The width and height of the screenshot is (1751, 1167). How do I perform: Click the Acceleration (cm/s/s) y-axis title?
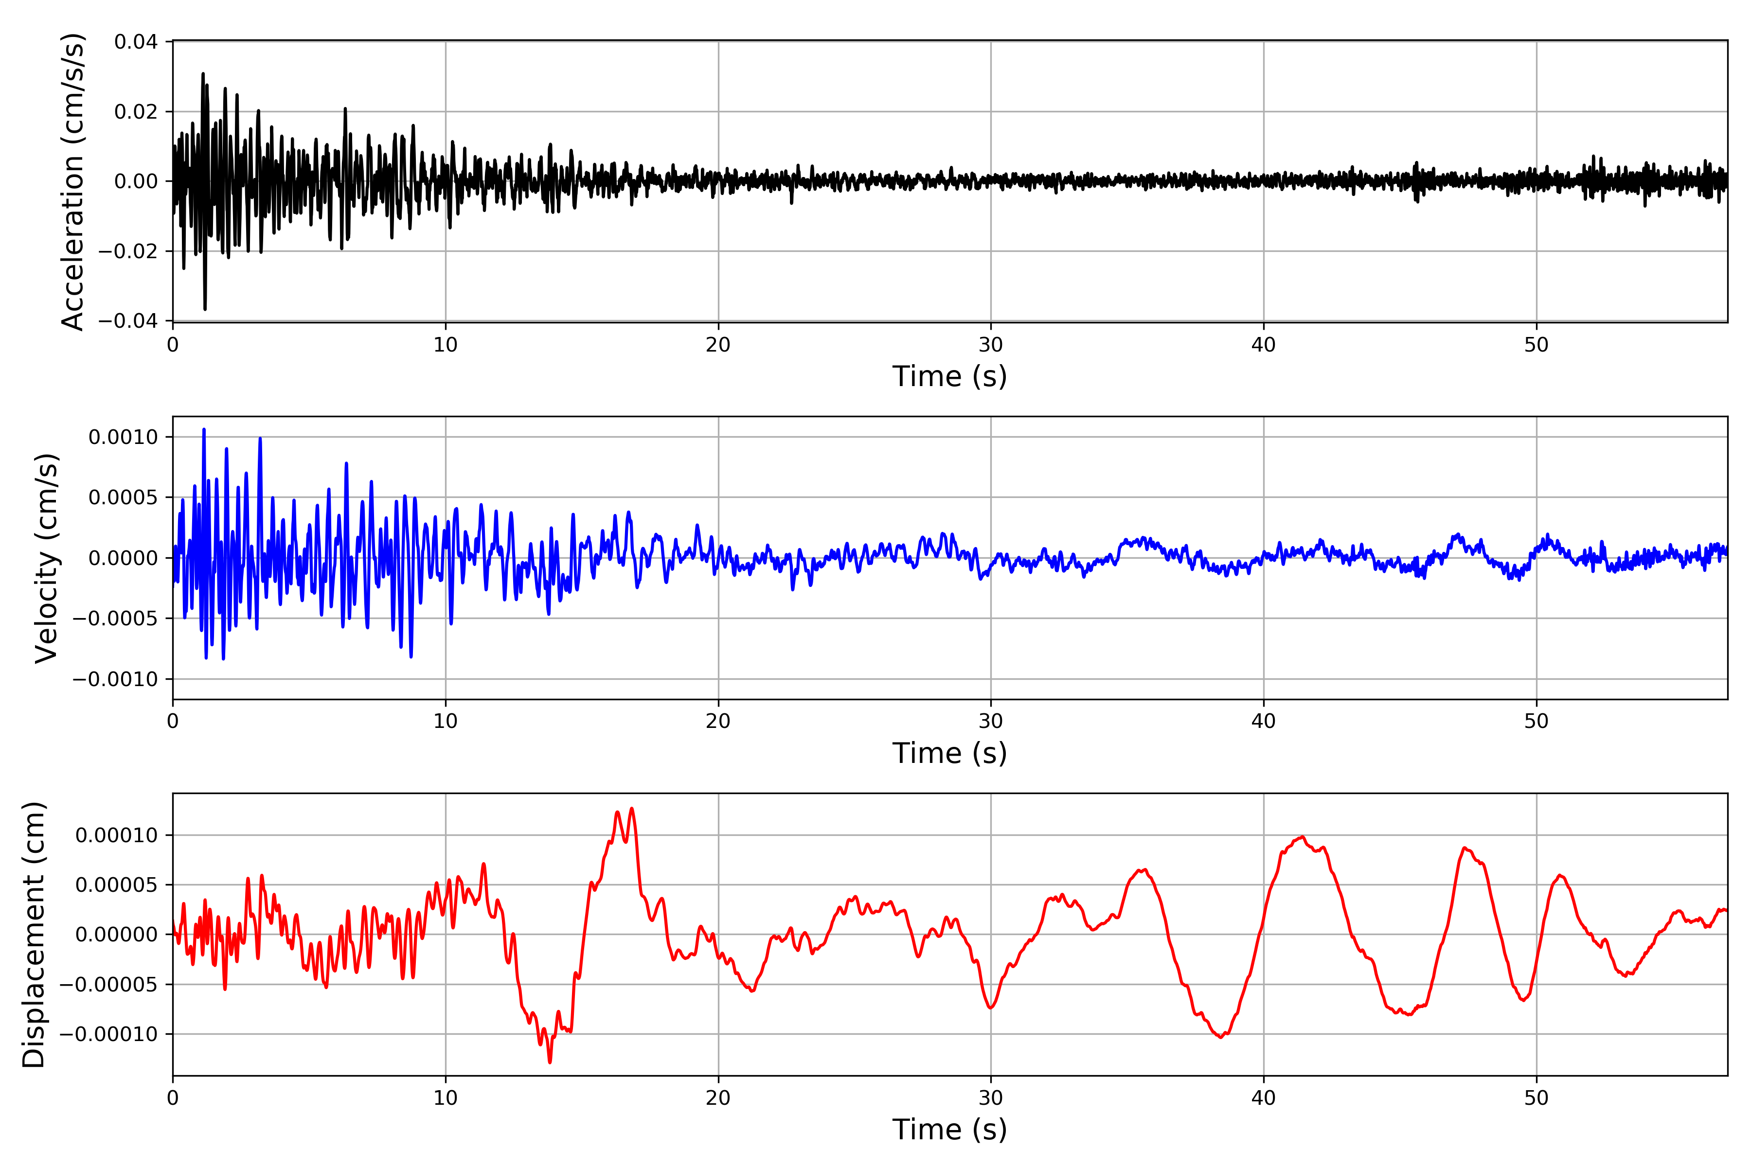coord(73,181)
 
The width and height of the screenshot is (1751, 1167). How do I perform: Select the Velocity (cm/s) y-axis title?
coord(46,557)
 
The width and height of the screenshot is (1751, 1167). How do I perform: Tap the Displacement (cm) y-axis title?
coord(34,935)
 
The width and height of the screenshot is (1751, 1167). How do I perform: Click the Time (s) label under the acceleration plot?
coord(949,376)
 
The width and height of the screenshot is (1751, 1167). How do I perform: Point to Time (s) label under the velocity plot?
coord(949,753)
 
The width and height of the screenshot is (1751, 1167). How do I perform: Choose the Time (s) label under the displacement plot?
coord(949,1130)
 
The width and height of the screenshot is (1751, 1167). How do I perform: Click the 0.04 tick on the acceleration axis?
coord(136,42)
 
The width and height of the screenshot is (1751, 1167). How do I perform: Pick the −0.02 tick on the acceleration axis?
coord(128,251)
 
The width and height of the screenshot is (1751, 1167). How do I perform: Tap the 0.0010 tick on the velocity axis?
coord(123,437)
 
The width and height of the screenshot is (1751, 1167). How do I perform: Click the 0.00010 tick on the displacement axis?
coord(116,835)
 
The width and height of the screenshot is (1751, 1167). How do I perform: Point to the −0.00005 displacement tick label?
coord(108,985)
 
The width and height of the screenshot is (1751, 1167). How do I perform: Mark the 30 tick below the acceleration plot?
coord(991,345)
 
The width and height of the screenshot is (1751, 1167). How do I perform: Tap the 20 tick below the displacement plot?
coord(718,1098)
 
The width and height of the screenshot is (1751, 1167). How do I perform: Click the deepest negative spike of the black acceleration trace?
coord(205,309)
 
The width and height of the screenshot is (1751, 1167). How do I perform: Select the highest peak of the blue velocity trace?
coord(204,429)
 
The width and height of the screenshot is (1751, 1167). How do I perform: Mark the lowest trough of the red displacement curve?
coord(550,1062)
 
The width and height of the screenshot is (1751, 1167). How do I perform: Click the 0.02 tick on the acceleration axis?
coord(136,112)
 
